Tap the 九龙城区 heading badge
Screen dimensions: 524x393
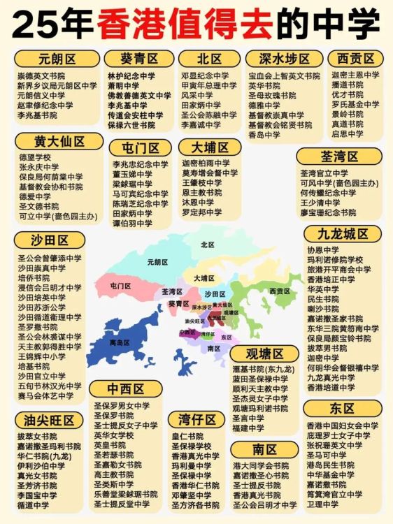[x=343, y=233]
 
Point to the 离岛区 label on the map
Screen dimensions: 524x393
[x=120, y=342]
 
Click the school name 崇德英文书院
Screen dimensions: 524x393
[x=41, y=75]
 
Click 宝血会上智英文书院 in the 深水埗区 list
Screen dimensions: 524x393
[x=284, y=75]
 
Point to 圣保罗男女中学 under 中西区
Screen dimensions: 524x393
[x=122, y=405]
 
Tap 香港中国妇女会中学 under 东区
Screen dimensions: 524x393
[x=342, y=425]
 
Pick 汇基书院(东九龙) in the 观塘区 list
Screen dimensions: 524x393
[x=260, y=369]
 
